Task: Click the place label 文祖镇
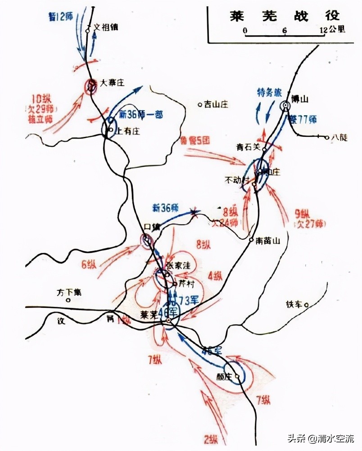(x=105, y=27)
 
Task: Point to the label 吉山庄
(x=217, y=104)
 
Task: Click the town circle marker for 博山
(x=285, y=106)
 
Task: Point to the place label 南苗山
(x=268, y=241)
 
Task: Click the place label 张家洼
(x=179, y=266)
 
